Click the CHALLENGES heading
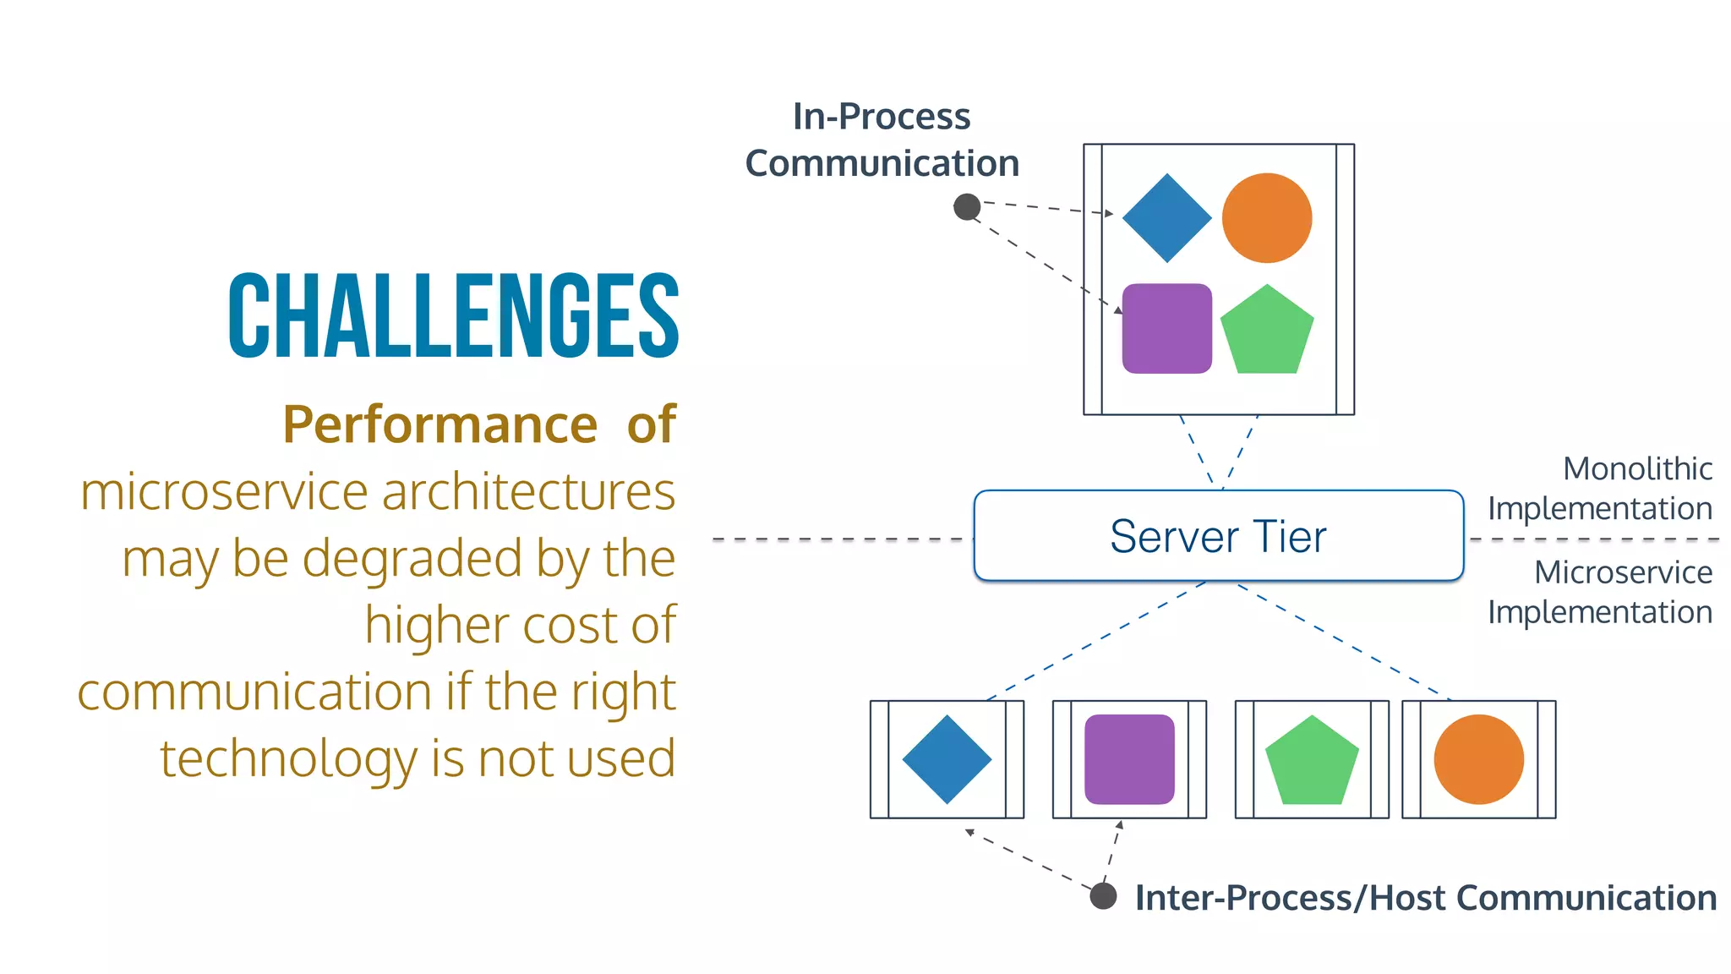tap(453, 316)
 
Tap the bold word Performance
tap(440, 424)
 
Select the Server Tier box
tap(1218, 536)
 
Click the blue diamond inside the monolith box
tap(1166, 218)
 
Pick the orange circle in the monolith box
tap(1266, 218)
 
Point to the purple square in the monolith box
tap(1166, 328)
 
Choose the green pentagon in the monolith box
tap(1267, 331)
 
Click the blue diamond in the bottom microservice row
tap(947, 759)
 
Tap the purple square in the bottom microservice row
tap(1129, 759)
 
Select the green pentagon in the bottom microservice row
tap(1312, 761)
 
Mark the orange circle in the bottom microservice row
tap(1478, 759)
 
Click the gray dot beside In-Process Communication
tap(967, 206)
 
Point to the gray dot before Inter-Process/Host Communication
tap(1103, 895)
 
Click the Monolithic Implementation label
tap(1600, 488)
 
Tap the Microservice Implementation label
tap(1600, 592)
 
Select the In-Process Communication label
tap(882, 140)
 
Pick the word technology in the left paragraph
tap(288, 758)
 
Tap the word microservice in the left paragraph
tap(225, 491)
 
